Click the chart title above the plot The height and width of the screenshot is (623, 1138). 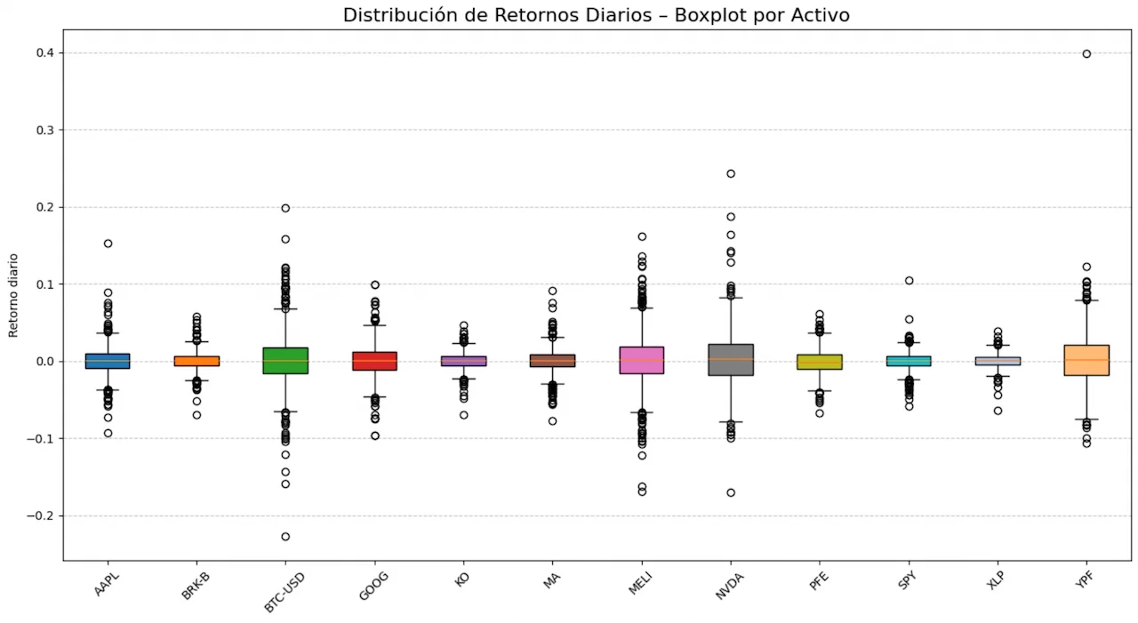tap(595, 15)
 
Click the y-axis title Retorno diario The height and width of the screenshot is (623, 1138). tap(13, 294)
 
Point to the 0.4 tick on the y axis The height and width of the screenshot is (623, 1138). tap(42, 53)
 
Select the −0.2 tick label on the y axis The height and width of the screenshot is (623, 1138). tap(38, 515)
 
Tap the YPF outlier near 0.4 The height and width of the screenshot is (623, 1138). tap(1086, 54)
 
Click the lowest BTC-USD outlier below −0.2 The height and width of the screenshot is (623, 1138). tap(285, 537)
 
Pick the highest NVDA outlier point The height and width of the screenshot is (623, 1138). tap(731, 173)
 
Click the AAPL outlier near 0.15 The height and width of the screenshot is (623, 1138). tap(108, 244)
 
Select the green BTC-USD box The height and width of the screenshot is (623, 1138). tap(285, 360)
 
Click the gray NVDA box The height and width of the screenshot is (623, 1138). tap(731, 359)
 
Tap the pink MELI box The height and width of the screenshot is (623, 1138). tap(642, 360)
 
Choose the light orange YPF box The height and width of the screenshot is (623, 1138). tap(1086, 360)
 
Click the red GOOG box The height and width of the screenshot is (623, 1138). tap(374, 361)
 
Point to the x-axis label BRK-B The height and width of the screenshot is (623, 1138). tap(196, 587)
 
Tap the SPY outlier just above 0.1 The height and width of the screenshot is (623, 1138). tap(909, 281)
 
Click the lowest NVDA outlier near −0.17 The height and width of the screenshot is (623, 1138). tap(731, 492)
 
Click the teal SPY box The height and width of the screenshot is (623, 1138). tap(909, 361)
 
